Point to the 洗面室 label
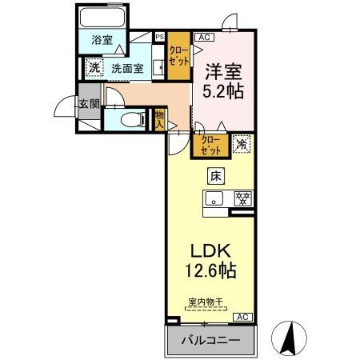[127, 69]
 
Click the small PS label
[158, 37]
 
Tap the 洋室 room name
[222, 70]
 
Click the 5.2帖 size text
[222, 90]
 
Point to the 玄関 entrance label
[90, 105]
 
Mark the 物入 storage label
[159, 120]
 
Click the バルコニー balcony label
[210, 339]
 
